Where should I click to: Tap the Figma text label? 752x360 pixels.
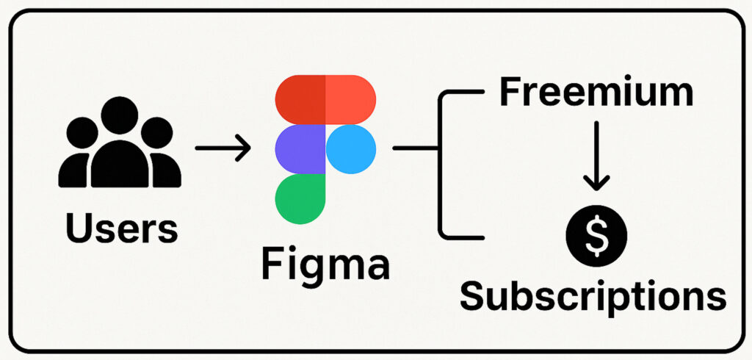pyautogui.click(x=325, y=264)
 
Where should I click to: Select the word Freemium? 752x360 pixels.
pyautogui.click(x=596, y=93)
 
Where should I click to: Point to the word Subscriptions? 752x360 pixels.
pyautogui.click(x=593, y=296)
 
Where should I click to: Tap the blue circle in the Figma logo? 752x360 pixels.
pyautogui.click(x=350, y=149)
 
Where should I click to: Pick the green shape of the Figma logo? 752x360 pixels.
pyautogui.click(x=299, y=199)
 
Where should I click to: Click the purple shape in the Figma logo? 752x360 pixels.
pyautogui.click(x=300, y=149)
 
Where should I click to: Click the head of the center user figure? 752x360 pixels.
pyautogui.click(x=120, y=115)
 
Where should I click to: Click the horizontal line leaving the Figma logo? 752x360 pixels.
pyautogui.click(x=416, y=149)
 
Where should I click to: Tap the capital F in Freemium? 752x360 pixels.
pyautogui.click(x=512, y=93)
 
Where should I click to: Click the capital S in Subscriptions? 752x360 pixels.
pyautogui.click(x=474, y=296)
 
